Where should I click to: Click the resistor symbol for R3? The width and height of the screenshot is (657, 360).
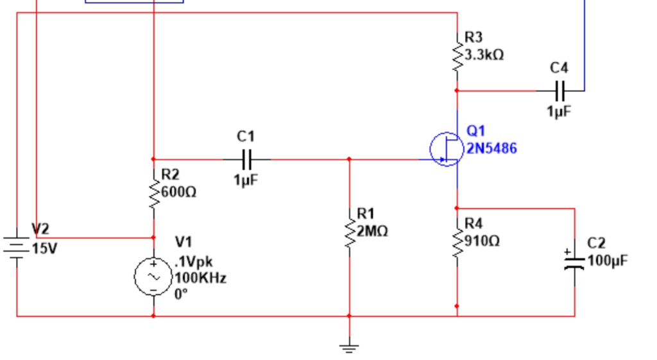(457, 56)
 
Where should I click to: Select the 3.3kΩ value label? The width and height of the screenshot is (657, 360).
(484, 55)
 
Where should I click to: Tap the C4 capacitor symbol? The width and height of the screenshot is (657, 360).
(559, 90)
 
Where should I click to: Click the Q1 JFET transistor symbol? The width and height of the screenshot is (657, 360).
(446, 149)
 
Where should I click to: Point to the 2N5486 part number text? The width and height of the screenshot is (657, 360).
(491, 149)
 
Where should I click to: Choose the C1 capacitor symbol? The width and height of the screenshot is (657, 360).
(246, 159)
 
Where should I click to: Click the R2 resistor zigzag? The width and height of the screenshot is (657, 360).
(153, 193)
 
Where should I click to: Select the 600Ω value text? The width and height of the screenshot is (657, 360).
(179, 192)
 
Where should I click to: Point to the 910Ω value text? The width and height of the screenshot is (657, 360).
(482, 241)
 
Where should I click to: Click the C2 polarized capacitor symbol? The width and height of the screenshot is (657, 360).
(574, 260)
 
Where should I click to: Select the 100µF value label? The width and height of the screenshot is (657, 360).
(607, 261)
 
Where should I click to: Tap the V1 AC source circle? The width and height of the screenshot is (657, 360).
(153, 277)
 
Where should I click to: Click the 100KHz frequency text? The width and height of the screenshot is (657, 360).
(200, 279)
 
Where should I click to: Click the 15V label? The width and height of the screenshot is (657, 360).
(45, 248)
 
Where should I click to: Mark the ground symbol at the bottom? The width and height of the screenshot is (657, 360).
(349, 348)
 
